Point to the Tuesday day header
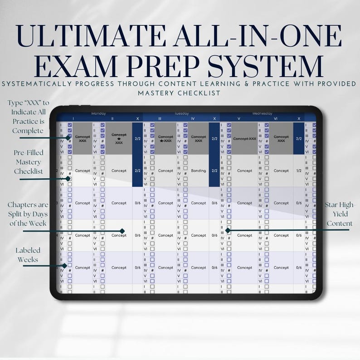(181, 113)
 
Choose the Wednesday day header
(263, 113)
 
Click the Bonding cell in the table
(198, 171)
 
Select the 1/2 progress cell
(299, 171)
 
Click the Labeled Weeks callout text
(28, 254)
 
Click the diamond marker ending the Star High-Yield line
(228, 230)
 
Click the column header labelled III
(160, 118)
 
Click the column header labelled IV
(193, 118)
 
